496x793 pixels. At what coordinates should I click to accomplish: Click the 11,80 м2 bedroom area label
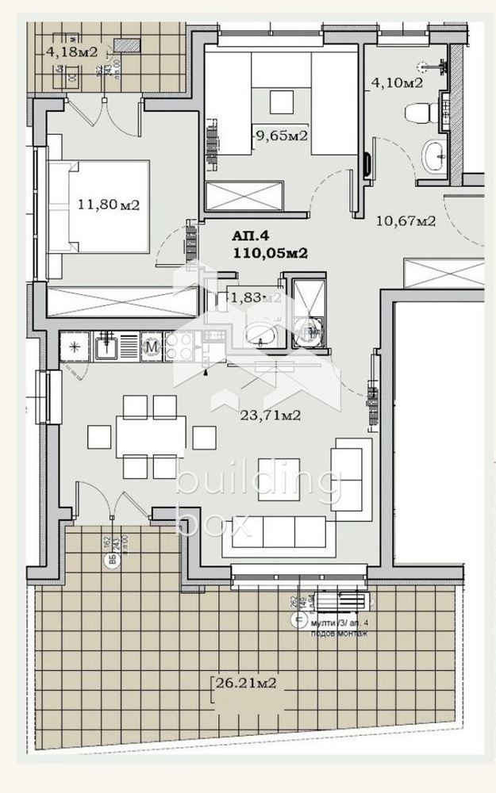tap(109, 205)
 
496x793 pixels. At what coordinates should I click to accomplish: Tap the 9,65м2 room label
tap(281, 136)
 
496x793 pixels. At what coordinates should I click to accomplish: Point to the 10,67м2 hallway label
tap(405, 221)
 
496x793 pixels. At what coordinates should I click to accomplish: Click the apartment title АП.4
tap(251, 236)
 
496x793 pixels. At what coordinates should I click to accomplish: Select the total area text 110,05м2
tap(270, 254)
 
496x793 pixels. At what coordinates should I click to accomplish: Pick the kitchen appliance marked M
tap(151, 346)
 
